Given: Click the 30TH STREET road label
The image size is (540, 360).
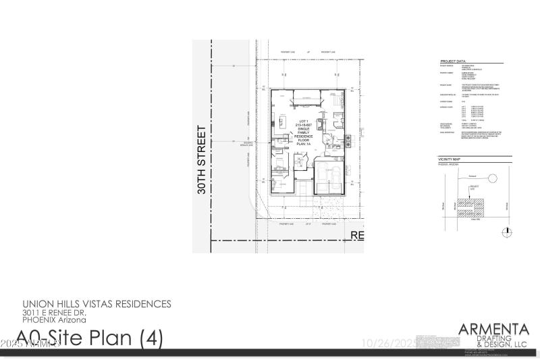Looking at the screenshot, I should (x=201, y=159).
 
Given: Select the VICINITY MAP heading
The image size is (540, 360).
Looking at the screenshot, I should (x=449, y=158).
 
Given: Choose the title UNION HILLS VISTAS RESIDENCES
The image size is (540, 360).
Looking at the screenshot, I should (x=97, y=304).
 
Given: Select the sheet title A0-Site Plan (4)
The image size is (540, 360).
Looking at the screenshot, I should (x=90, y=337).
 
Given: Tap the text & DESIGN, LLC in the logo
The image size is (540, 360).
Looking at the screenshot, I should (x=503, y=344).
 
